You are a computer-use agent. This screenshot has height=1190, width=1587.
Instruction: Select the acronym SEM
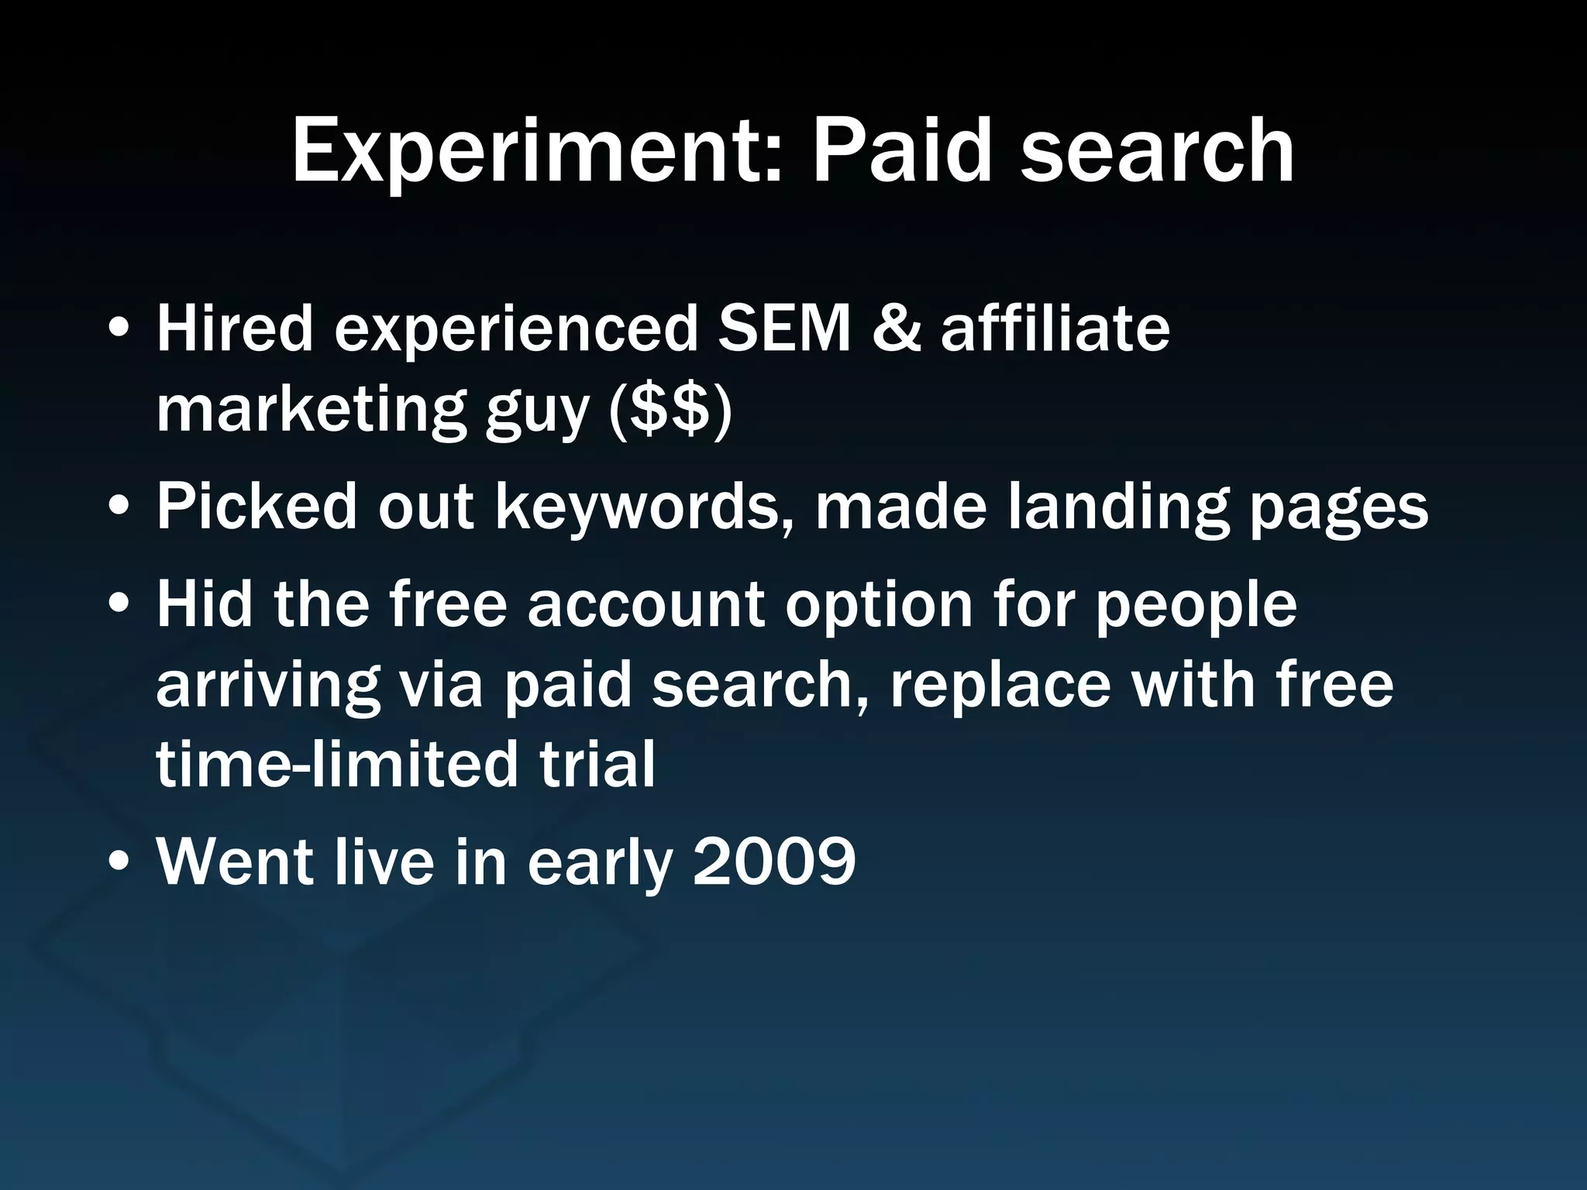pyautogui.click(x=784, y=328)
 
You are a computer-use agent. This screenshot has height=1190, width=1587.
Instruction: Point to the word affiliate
pyautogui.click(x=1055, y=328)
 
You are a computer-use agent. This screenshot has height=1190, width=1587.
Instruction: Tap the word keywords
pyautogui.click(x=636, y=507)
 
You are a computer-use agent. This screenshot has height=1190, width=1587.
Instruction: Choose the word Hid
pyautogui.click(x=205, y=604)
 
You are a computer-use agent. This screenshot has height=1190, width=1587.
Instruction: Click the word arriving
pyautogui.click(x=268, y=688)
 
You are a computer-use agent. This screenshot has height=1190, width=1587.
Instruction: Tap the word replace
pyautogui.click(x=1000, y=688)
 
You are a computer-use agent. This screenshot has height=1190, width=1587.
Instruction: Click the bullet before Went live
pyautogui.click(x=119, y=862)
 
